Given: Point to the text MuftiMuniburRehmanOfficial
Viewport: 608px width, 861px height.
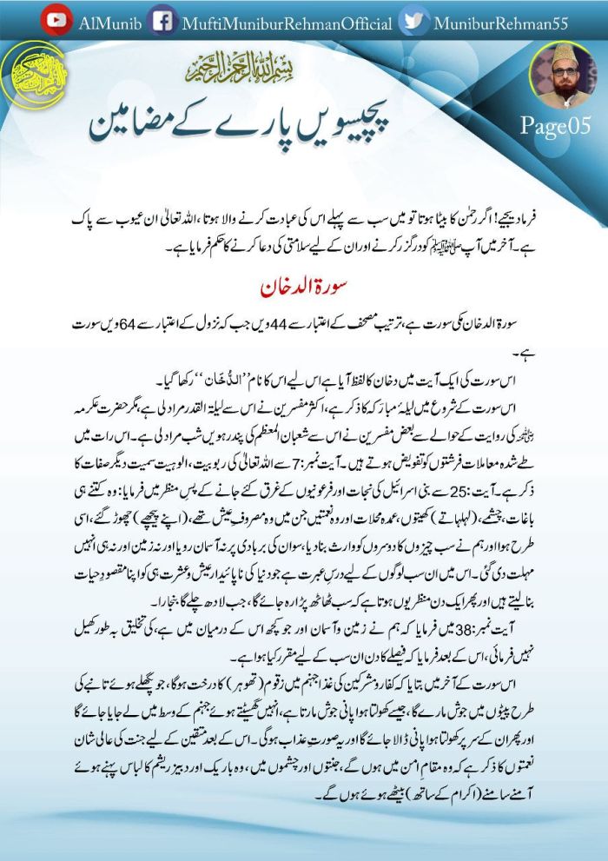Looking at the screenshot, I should pyautogui.click(x=287, y=21).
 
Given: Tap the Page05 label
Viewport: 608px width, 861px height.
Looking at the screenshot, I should pyautogui.click(x=555, y=126).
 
